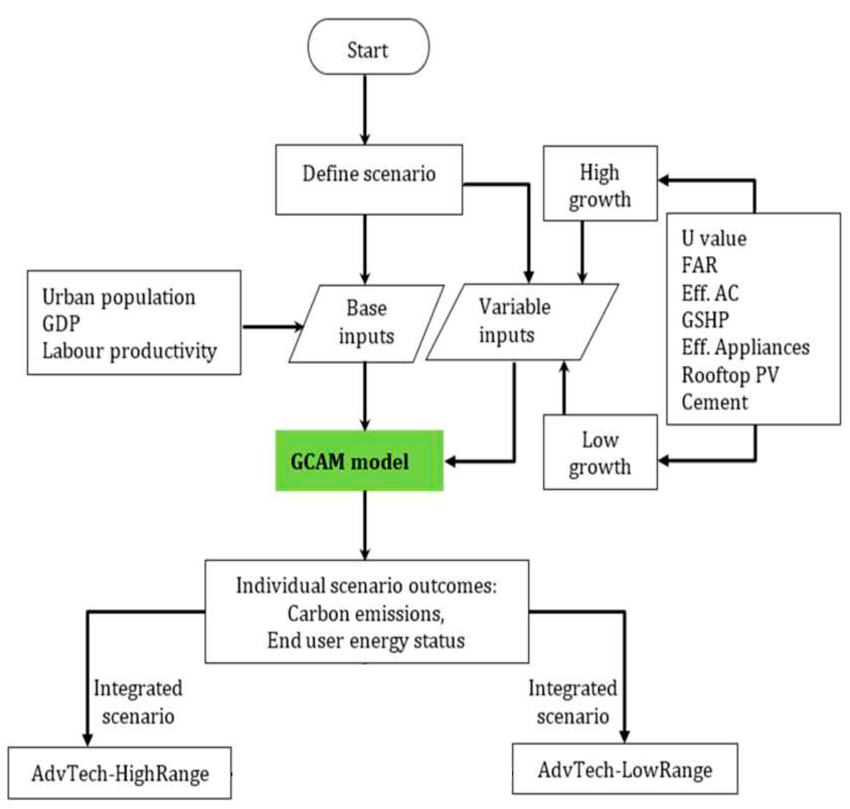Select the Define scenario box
coord(369,179)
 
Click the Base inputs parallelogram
coord(366,323)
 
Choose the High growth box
coord(600,183)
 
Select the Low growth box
coord(600,452)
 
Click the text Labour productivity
coord(129,351)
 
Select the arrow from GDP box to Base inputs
coord(272,326)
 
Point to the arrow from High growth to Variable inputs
coord(582,252)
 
